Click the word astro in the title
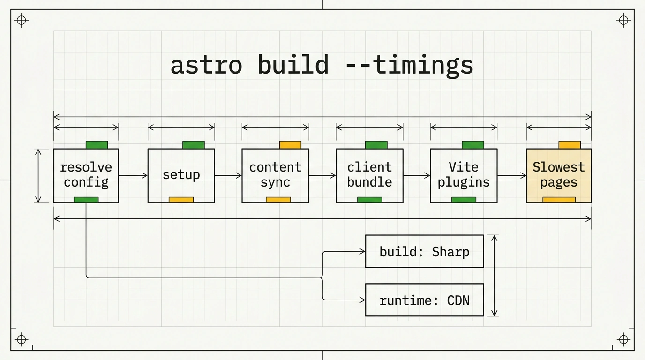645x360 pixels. point(206,65)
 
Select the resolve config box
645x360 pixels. point(86,176)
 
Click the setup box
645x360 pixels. point(181,176)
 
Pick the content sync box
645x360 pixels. point(275,176)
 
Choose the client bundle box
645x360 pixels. point(369,176)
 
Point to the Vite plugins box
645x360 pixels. point(464,176)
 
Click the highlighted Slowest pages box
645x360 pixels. point(559,176)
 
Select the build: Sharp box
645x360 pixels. point(424,251)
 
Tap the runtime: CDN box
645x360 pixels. point(424,300)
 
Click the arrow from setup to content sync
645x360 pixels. point(228,175)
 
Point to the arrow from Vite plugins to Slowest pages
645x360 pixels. point(512,175)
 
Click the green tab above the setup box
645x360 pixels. point(194,145)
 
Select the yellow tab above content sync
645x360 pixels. point(290,145)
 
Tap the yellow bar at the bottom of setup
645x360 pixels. point(181,200)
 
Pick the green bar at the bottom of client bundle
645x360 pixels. point(370,200)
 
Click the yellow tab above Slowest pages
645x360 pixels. point(570,145)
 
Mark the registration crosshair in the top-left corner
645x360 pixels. point(22,21)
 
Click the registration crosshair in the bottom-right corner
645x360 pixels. point(624,339)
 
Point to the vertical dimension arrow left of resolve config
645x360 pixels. point(38,176)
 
